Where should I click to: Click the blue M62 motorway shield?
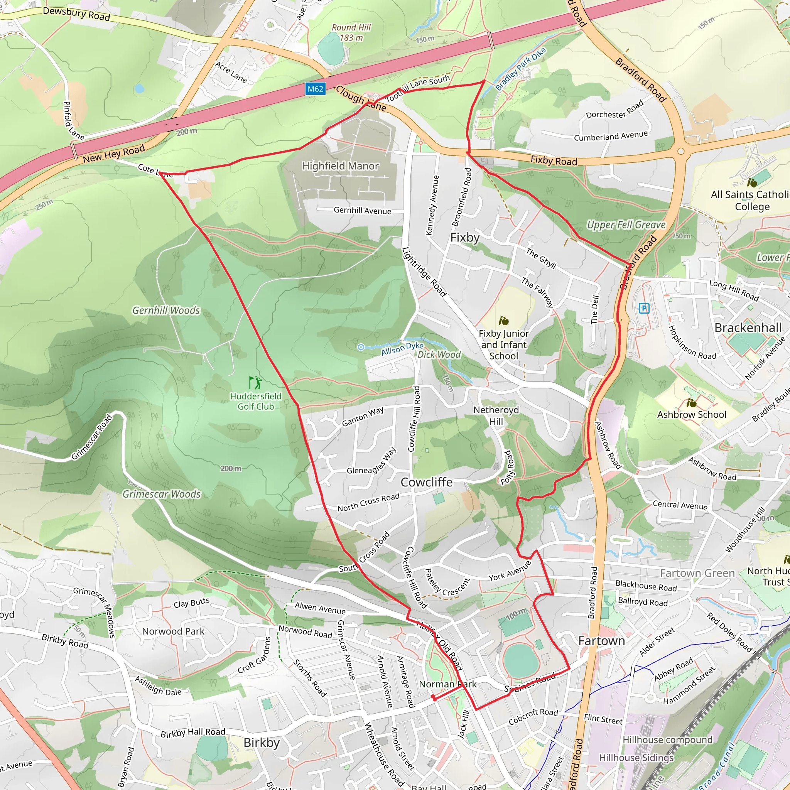pos(315,89)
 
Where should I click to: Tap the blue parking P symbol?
pos(644,308)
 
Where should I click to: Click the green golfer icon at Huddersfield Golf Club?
pos(256,383)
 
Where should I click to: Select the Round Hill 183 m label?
pos(351,32)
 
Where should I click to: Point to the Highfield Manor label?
pos(340,166)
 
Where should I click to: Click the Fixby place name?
pos(464,238)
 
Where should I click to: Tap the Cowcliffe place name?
pos(426,482)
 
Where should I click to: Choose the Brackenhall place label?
pos(748,328)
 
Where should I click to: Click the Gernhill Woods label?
pos(166,311)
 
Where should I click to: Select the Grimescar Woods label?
pos(162,494)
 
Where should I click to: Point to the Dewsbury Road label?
pos(76,14)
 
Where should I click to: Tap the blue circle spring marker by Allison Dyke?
pos(361,347)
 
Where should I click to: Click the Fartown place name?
pos(601,641)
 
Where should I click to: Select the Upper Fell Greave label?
pos(626,225)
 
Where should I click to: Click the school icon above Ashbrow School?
pos(692,403)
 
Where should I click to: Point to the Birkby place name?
pos(261,743)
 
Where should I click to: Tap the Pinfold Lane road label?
pos(74,121)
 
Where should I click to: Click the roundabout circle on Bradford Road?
pos(680,151)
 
